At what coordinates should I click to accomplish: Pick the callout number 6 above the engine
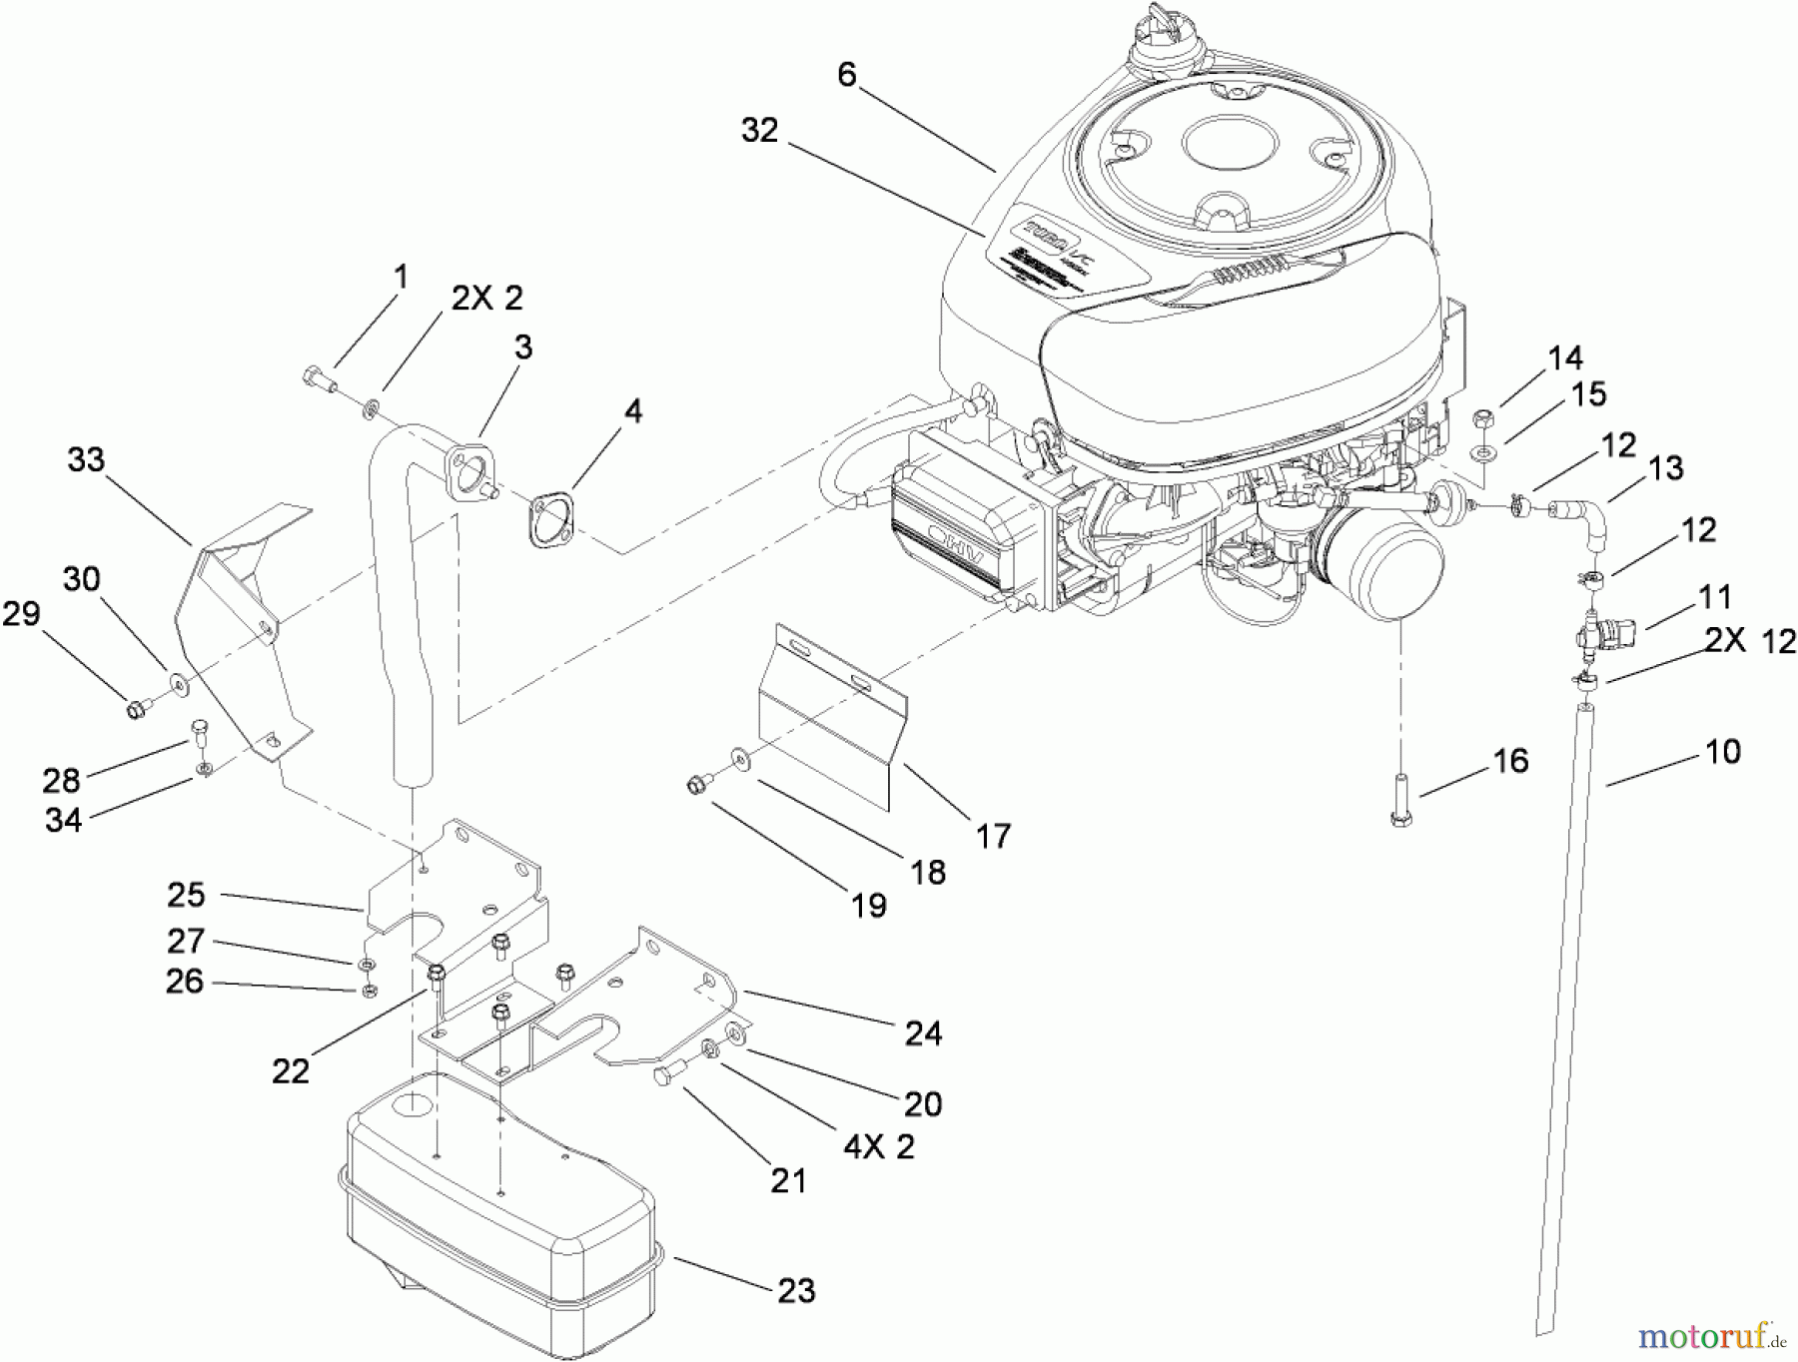(847, 74)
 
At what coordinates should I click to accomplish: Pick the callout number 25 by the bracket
(186, 895)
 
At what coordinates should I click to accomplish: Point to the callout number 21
(788, 1181)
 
